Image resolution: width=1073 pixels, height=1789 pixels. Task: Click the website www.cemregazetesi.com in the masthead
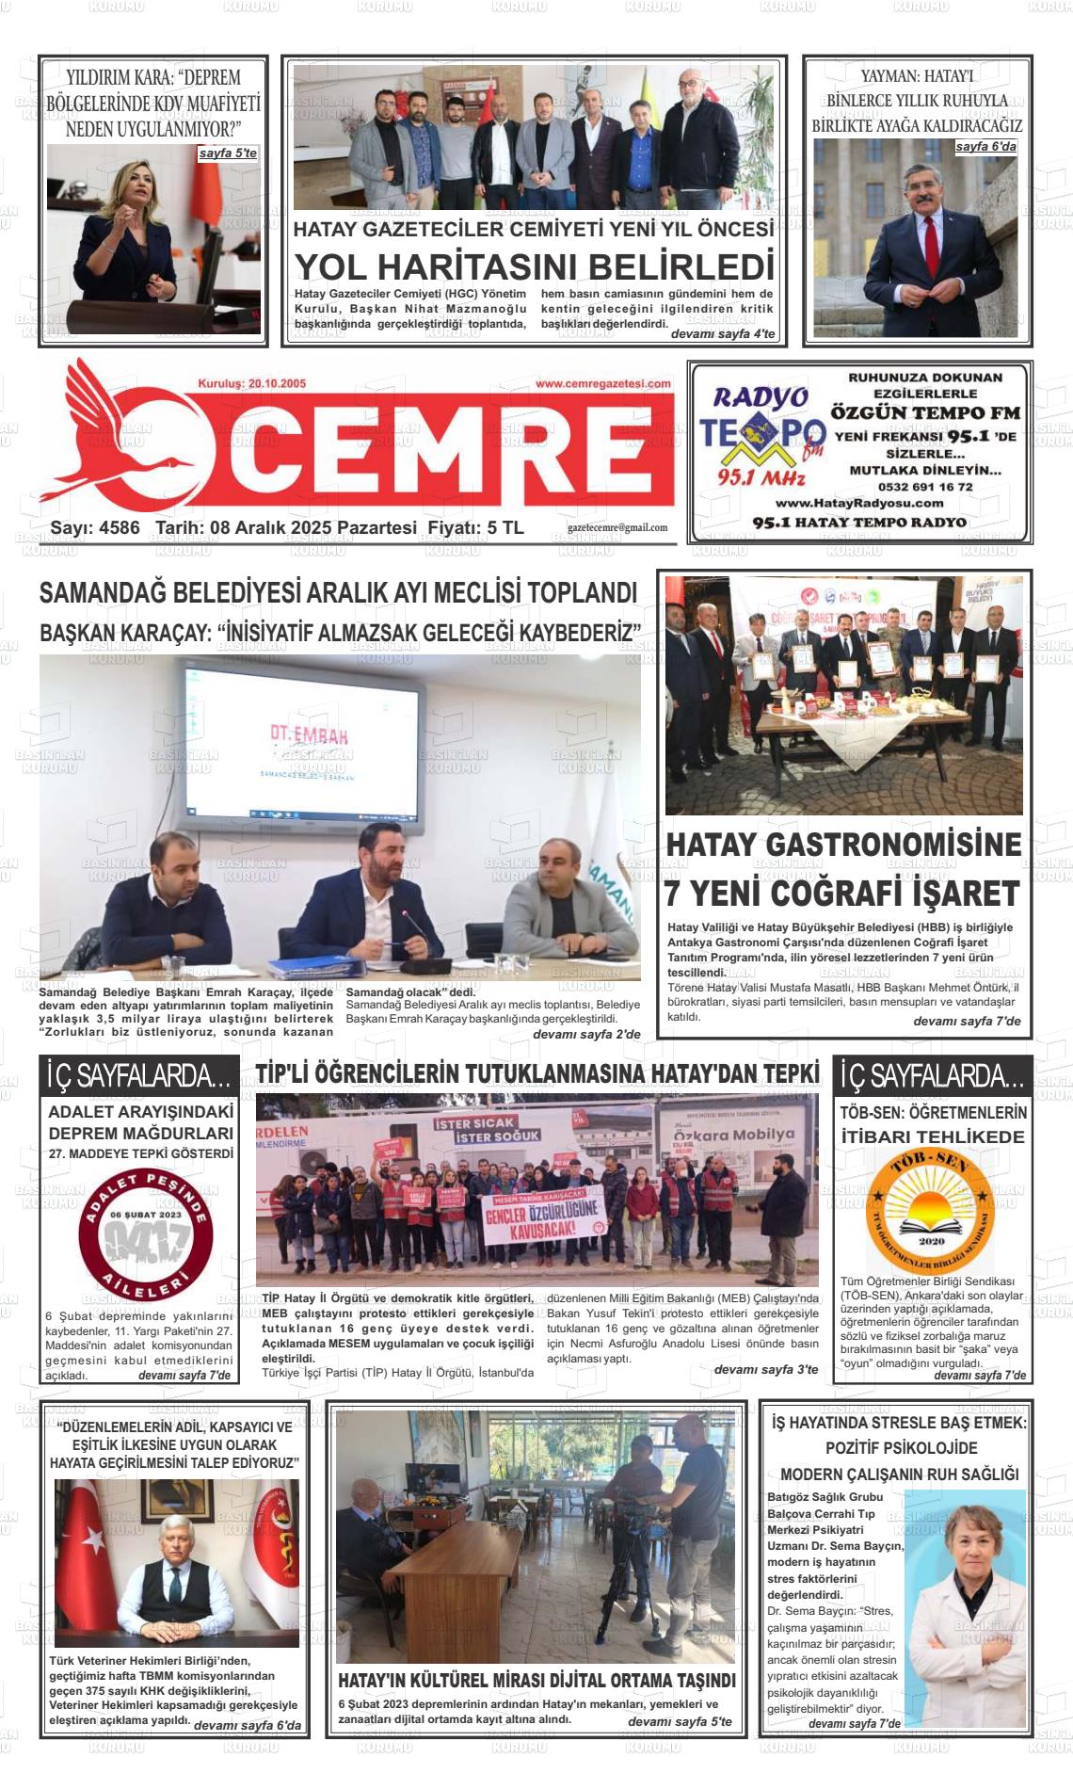click(602, 383)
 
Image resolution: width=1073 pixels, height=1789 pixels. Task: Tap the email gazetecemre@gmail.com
click(617, 528)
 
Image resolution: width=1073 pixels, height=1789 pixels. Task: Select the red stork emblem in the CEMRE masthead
click(122, 433)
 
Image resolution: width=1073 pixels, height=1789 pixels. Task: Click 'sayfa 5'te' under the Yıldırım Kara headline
click(227, 153)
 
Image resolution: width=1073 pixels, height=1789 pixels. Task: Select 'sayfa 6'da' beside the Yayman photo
click(985, 147)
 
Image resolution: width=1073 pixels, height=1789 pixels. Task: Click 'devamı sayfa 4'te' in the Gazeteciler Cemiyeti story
click(722, 334)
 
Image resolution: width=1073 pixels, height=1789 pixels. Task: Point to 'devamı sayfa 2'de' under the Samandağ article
click(585, 1034)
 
